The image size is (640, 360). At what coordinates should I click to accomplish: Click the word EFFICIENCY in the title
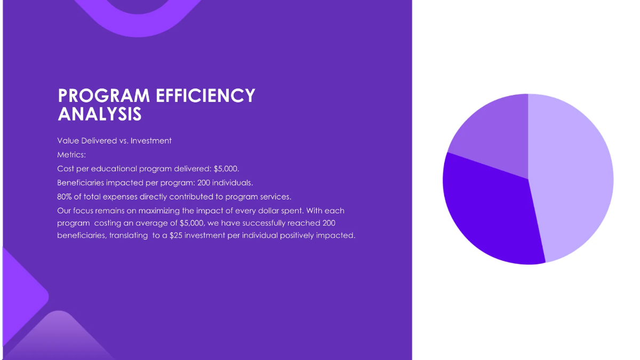[x=205, y=95]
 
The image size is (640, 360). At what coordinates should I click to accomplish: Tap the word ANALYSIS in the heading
[x=100, y=114]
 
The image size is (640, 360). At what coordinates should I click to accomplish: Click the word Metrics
[x=71, y=155]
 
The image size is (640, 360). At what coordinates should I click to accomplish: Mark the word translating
[x=129, y=235]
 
